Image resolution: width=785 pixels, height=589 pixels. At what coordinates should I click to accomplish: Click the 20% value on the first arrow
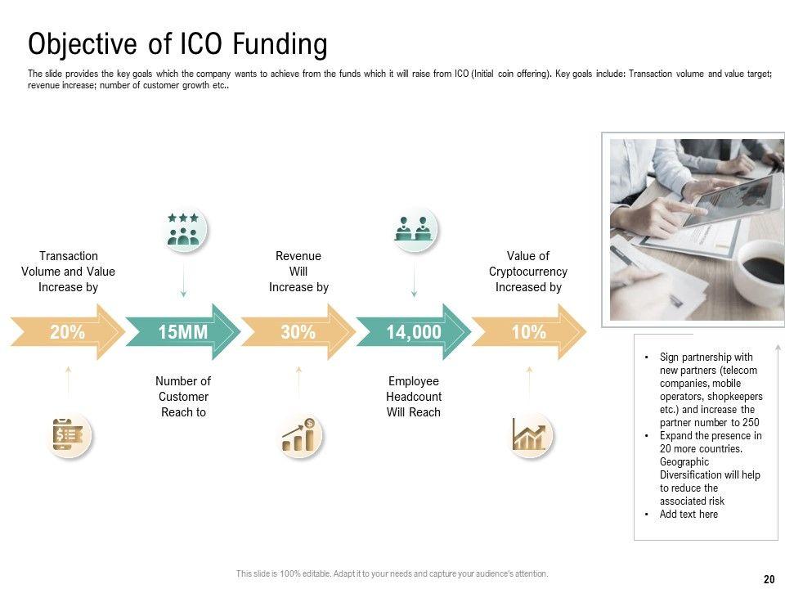[x=68, y=332]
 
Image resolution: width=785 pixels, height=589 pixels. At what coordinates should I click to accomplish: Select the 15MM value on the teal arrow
[x=182, y=332]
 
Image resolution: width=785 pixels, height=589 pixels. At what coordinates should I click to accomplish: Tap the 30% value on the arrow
[x=298, y=332]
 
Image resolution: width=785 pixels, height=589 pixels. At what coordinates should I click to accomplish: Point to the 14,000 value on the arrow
[x=414, y=332]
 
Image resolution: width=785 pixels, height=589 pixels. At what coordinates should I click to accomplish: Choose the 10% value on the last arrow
[x=529, y=332]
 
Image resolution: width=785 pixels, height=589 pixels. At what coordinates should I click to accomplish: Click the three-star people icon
[x=184, y=229]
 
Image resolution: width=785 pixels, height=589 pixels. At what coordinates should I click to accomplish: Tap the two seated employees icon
[x=414, y=229]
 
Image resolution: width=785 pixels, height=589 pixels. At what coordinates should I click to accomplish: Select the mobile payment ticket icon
[x=69, y=434]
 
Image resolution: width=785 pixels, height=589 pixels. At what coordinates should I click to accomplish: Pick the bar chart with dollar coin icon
[x=299, y=434]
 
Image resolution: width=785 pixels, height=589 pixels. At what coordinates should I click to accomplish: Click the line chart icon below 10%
[x=529, y=434]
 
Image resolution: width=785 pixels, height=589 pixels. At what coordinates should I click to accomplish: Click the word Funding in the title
[x=280, y=44]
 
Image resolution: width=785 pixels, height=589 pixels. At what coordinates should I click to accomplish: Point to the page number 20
[x=769, y=579]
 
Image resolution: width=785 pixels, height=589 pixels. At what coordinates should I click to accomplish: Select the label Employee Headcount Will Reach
[x=414, y=397]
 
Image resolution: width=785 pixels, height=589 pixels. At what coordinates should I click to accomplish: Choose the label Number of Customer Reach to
[x=183, y=397]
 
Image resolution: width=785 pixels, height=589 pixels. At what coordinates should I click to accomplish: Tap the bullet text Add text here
[x=689, y=514]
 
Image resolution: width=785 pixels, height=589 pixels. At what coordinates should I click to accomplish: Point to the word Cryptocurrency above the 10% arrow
[x=528, y=272]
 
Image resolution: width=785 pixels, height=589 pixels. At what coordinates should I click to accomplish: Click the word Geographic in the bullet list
[x=684, y=461]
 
